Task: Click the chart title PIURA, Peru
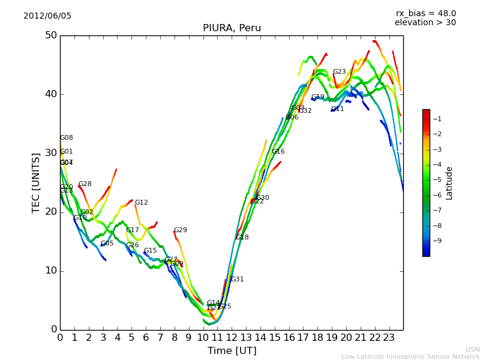pos(232,28)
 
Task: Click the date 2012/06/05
pos(47,16)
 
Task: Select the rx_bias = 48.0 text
pos(425,13)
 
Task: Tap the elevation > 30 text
pos(425,23)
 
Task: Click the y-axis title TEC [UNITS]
pos(36,182)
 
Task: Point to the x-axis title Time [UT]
pos(232,351)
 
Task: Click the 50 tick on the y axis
pos(50,35)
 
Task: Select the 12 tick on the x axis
pos(232,338)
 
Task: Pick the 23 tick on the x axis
pos(389,338)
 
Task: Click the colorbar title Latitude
pos(449,183)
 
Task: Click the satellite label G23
pos(339,72)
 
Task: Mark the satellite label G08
pos(66,138)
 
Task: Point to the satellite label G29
pos(180,230)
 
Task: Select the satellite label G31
pos(237,280)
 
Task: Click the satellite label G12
pos(141,203)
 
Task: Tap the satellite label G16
pos(278,152)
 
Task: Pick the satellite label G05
pos(107,244)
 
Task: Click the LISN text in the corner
pos(472,349)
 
